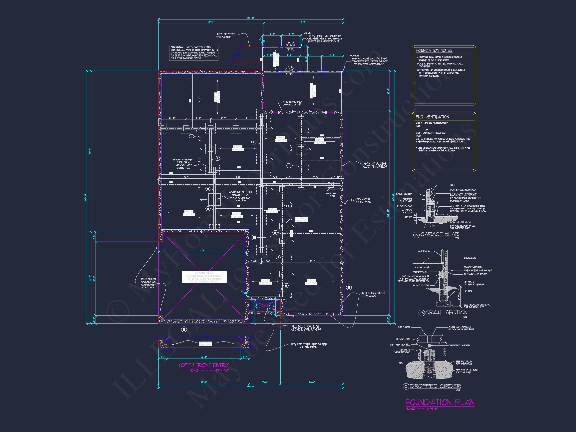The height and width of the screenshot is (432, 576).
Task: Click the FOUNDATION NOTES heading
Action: coord(434,50)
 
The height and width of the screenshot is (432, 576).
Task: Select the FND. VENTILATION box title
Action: coord(432,117)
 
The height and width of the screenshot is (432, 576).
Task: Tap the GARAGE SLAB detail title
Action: coord(440,234)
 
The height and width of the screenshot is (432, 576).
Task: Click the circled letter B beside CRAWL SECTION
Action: coord(422,313)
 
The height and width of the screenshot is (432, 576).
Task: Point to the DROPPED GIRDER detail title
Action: coord(435,386)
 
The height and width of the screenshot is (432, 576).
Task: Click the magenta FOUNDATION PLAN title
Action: coord(440,403)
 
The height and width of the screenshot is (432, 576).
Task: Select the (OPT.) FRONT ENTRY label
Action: coord(204,365)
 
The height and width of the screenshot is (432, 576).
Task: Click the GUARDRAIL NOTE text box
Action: coord(194,53)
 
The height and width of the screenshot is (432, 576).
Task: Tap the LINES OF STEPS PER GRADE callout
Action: coord(225,36)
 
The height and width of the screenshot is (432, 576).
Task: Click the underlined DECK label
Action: coord(308,33)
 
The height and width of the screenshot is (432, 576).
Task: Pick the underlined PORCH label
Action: coord(354,56)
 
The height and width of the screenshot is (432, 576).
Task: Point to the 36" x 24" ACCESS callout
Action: coord(375,165)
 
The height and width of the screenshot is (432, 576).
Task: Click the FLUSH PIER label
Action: coord(333,195)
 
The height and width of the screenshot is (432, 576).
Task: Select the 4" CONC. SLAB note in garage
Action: coord(204,277)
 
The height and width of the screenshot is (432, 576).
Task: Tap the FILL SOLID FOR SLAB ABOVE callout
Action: coord(305,328)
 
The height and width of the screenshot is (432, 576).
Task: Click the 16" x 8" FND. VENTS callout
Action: coord(373,294)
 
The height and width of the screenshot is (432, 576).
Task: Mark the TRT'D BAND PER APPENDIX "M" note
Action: coord(292,103)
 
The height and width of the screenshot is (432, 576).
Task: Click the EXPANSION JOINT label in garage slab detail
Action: coord(460,201)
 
